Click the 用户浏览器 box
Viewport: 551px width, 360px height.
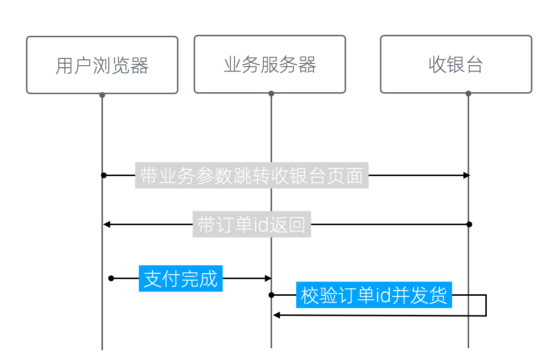102,65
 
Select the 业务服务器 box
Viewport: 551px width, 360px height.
270,64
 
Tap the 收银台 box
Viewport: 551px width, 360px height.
456,64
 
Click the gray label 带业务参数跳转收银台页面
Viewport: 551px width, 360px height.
251,176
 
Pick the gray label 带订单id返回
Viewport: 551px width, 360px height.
251,225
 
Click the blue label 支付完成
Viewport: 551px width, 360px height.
180,279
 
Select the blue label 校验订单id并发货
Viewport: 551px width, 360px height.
374,295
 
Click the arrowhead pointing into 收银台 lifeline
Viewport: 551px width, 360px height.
467,175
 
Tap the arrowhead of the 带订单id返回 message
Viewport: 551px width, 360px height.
106,225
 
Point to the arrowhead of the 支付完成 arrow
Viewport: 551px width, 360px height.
268,278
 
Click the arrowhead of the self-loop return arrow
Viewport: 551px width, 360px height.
276,315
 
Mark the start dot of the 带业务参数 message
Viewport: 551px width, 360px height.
104,175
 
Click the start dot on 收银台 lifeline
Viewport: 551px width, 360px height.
469,224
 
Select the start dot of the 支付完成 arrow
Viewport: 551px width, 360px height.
111,278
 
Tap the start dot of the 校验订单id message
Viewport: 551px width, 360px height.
271,295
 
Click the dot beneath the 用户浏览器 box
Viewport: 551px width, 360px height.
102,95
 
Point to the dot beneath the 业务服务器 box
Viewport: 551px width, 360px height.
271,93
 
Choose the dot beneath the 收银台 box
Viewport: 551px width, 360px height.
468,93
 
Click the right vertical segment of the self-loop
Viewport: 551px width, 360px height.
486,305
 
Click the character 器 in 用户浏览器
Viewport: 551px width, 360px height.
140,65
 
